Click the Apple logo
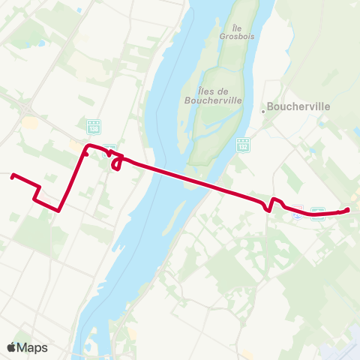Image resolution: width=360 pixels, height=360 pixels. pos(12,347)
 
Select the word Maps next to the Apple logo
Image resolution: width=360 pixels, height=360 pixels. pos(33,347)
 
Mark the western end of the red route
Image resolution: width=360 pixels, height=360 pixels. pos(12,176)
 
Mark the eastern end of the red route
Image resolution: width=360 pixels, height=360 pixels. pos(348,209)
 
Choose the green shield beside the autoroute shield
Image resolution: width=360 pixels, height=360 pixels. pos(317,211)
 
